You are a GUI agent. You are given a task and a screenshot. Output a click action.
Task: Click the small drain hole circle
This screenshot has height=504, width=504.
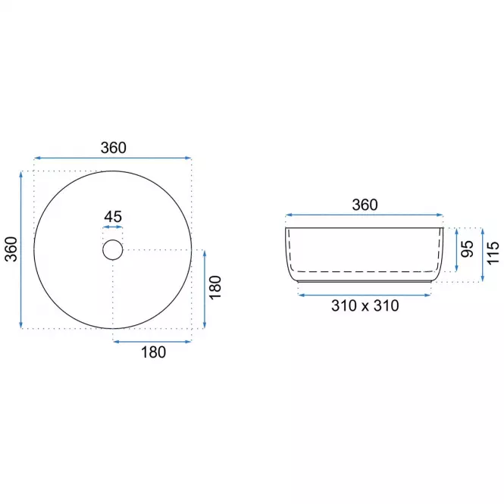pyautogui.click(x=112, y=239)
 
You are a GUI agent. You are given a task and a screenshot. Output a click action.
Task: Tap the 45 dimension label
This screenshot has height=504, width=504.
pyautogui.click(x=113, y=217)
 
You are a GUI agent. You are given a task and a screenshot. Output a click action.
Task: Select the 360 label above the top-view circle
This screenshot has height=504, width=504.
pyautogui.click(x=114, y=148)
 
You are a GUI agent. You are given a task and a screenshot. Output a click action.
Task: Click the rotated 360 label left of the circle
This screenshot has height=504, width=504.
pyautogui.click(x=11, y=249)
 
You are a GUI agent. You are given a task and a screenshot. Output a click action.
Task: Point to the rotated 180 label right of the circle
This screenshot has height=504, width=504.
pyautogui.click(x=215, y=288)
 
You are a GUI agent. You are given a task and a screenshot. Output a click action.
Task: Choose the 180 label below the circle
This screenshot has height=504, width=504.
pyautogui.click(x=153, y=352)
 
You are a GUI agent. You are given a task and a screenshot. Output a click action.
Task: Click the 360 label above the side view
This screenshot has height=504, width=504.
pyautogui.click(x=365, y=205)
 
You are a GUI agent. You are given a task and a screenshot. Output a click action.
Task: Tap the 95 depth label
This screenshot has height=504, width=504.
pyautogui.click(x=467, y=249)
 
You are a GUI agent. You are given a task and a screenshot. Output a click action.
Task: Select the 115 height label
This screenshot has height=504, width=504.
pyautogui.click(x=493, y=253)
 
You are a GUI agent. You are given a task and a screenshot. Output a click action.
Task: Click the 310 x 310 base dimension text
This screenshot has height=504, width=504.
pyautogui.click(x=365, y=305)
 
